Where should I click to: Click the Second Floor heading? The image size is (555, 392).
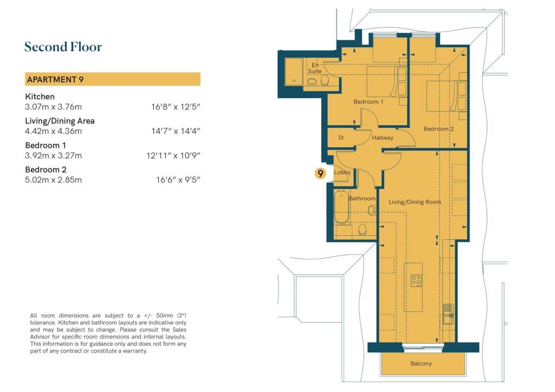pyautogui.click(x=63, y=47)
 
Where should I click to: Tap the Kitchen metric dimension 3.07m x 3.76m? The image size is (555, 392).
pyautogui.click(x=53, y=107)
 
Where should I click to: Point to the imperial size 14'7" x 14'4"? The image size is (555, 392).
pyautogui.click(x=176, y=132)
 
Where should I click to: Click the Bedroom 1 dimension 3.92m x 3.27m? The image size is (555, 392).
pyautogui.click(x=53, y=156)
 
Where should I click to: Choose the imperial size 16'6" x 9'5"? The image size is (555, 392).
pyautogui.click(x=178, y=180)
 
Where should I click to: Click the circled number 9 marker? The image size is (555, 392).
pyautogui.click(x=321, y=173)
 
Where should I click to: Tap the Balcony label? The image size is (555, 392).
pyautogui.click(x=421, y=363)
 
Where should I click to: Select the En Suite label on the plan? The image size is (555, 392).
pyautogui.click(x=314, y=68)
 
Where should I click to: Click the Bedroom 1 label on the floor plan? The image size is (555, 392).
pyautogui.click(x=369, y=102)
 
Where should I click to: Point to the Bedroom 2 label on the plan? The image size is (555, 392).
pyautogui.click(x=438, y=129)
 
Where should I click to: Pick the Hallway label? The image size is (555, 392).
pyautogui.click(x=382, y=138)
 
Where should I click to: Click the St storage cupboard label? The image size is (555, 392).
pyautogui.click(x=341, y=138)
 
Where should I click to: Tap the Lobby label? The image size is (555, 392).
pyautogui.click(x=342, y=173)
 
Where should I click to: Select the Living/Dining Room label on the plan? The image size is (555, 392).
pyautogui.click(x=415, y=202)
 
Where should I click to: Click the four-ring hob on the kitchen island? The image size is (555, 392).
pyautogui.click(x=416, y=280)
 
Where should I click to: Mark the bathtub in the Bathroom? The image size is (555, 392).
pyautogui.click(x=340, y=208)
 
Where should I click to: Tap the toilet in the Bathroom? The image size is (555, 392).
pyautogui.click(x=363, y=230)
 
